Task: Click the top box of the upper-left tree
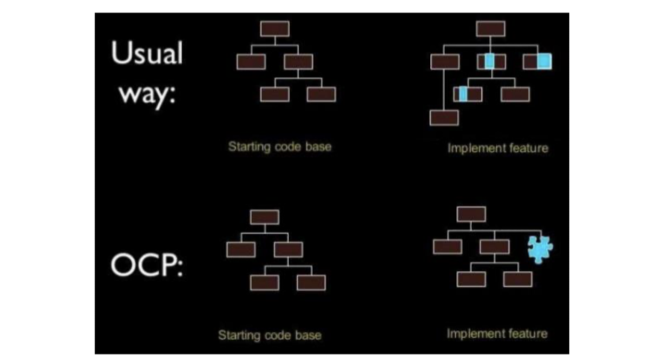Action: coord(275,29)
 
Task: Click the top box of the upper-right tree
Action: coord(490,29)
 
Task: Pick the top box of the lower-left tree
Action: coord(265,217)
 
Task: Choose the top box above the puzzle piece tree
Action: coord(471,214)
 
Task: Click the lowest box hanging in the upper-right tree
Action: coord(444,118)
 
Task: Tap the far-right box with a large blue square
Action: coord(537,62)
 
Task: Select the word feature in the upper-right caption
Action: coord(527,148)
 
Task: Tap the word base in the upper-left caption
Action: coord(318,146)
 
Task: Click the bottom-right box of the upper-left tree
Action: coord(322,94)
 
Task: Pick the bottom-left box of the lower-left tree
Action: coord(265,282)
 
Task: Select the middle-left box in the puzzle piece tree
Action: coord(447,247)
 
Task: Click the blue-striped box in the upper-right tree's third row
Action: coord(468,94)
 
